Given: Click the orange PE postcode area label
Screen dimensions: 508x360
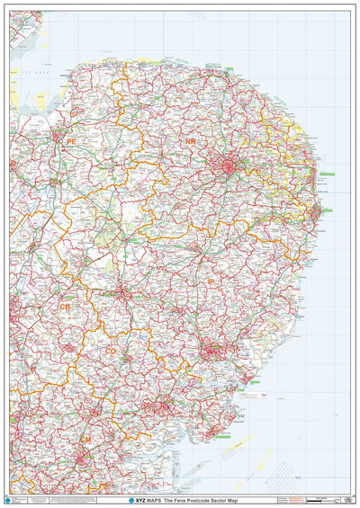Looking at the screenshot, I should (x=71, y=141).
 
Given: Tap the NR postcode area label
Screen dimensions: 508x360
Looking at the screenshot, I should (x=190, y=143).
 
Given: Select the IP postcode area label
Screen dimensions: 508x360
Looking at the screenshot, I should (x=212, y=281).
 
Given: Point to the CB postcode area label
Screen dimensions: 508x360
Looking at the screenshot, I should (x=65, y=307).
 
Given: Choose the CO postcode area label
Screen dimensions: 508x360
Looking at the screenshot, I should (x=111, y=352).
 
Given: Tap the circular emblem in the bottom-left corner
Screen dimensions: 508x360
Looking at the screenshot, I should (x=13, y=499).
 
